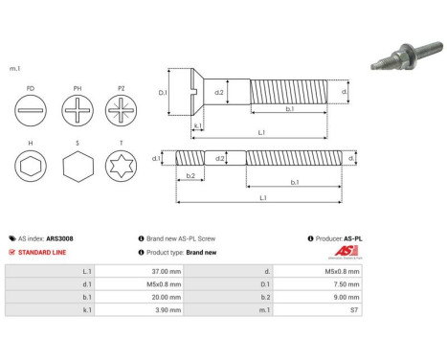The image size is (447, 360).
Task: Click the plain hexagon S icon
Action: point(78,169)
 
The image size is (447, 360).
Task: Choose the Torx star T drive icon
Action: point(123,169)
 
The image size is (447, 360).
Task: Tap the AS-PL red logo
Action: point(344,253)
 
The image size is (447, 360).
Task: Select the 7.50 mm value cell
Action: point(346,284)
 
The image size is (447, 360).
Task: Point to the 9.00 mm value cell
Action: point(346,298)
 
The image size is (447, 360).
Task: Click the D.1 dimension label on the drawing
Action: point(163,93)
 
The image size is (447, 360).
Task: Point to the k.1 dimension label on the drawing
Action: point(197,125)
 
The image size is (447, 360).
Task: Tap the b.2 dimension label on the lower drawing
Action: point(190,176)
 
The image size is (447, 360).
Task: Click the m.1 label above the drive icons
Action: point(15,69)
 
